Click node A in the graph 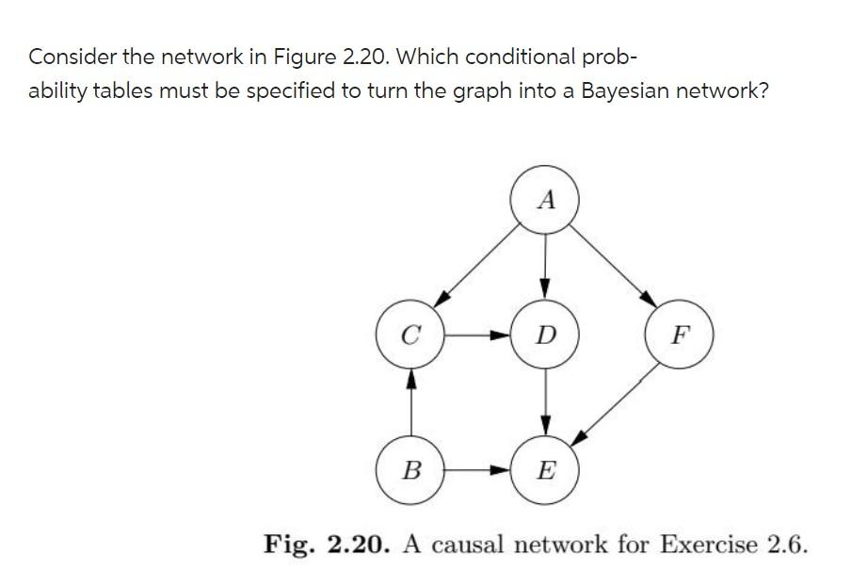point(545,199)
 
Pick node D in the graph point(545,335)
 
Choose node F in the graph point(680,335)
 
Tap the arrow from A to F point(612,267)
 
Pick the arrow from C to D point(477,335)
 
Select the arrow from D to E point(545,401)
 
